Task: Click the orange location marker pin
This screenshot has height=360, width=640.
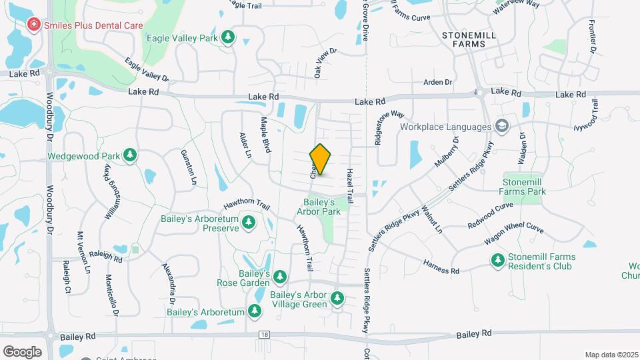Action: [321, 160]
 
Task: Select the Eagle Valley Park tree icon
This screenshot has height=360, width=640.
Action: [229, 37]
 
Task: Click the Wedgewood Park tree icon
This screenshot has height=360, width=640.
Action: [131, 156]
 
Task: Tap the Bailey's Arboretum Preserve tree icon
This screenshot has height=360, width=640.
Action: [249, 222]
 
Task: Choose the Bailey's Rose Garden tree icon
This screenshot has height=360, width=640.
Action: [280, 276]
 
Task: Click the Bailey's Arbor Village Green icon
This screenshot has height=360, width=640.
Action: [338, 298]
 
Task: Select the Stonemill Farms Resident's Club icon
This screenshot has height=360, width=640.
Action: [497, 261]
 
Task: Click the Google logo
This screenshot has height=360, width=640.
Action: [22, 351]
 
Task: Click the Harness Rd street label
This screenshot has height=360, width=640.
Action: [441, 267]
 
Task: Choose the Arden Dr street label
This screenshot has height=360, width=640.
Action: [438, 82]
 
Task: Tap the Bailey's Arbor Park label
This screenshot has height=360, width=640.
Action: [319, 207]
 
